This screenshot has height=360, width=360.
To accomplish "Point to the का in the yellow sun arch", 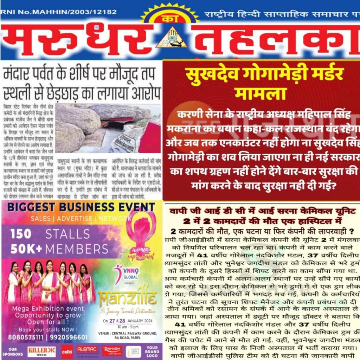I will (x=171, y=19).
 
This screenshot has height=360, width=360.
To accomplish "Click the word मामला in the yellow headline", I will (x=261, y=94).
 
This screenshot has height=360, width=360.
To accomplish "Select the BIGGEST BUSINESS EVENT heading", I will (x=76, y=207).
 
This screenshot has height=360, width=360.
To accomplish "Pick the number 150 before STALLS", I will (x=21, y=234).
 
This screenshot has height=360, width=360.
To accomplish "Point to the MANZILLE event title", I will (x=128, y=299).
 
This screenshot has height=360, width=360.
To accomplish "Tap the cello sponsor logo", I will (x=67, y=351).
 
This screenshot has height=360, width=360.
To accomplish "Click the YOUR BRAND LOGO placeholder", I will (x=152, y=351).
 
